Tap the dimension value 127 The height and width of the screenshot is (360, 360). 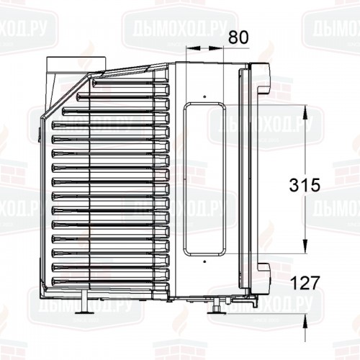(305, 283)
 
